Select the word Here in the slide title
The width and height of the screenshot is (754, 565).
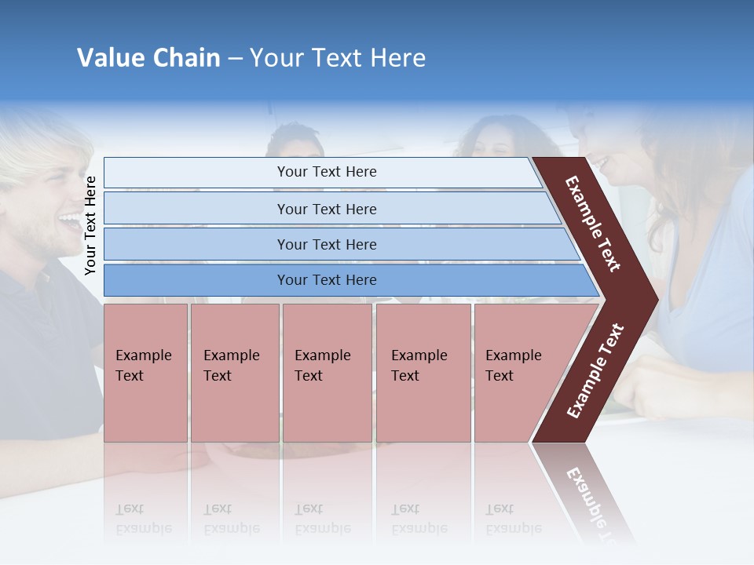(x=397, y=58)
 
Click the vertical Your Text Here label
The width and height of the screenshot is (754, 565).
(x=90, y=226)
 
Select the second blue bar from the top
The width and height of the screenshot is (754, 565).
(x=326, y=209)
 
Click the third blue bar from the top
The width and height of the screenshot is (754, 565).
(x=326, y=244)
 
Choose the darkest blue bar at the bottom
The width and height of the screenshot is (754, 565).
(x=326, y=280)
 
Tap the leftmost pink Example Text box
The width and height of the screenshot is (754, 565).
(x=145, y=373)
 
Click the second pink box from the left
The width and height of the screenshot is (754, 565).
(x=235, y=373)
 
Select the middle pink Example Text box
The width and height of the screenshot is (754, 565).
(x=327, y=373)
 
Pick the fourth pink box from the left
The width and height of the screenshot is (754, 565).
(x=423, y=373)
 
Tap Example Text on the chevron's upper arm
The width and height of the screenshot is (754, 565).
(x=593, y=224)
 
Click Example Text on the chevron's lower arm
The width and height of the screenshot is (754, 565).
(x=595, y=371)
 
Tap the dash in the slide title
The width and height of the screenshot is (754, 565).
(x=235, y=59)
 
